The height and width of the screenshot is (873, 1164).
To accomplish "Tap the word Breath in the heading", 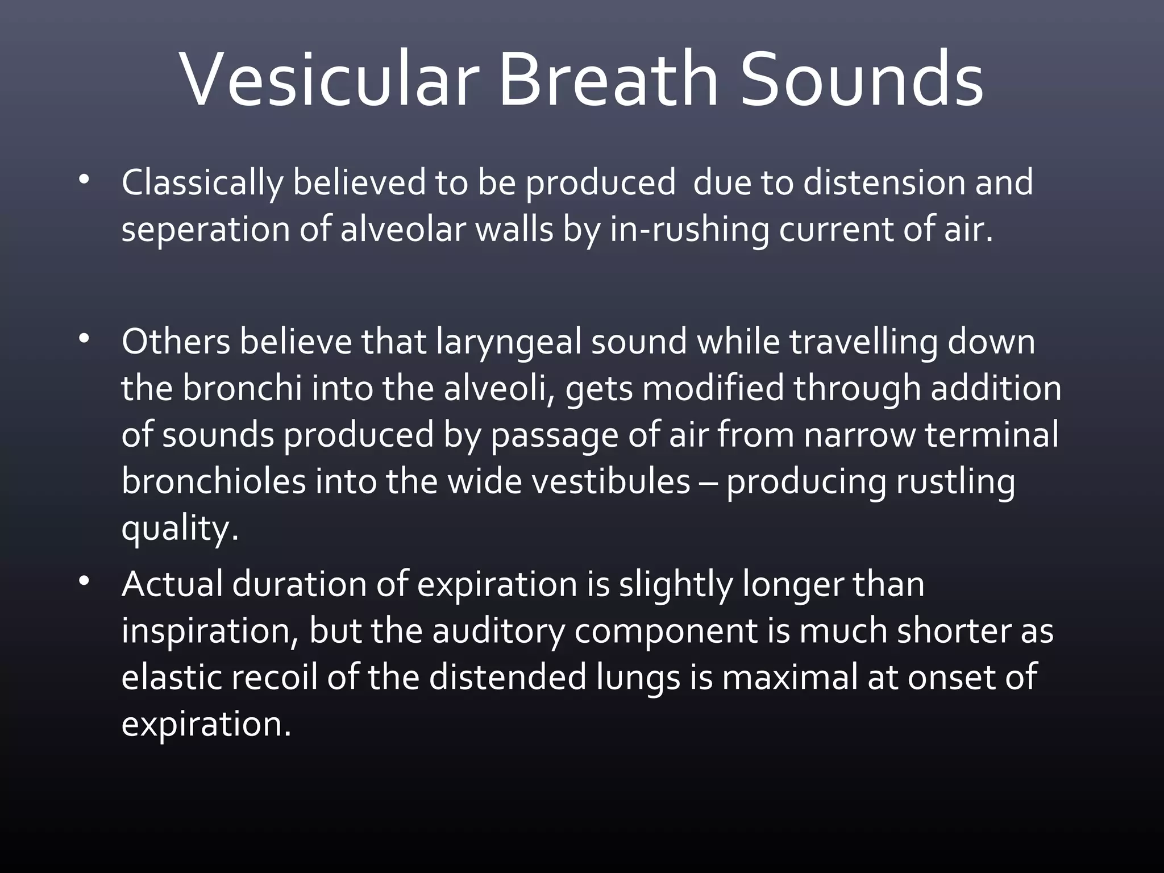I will pos(608,80).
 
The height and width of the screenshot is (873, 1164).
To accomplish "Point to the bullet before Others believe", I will pos(84,340).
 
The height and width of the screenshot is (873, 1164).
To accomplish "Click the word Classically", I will pos(202,184).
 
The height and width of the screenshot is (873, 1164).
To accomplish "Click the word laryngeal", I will pos(509,343).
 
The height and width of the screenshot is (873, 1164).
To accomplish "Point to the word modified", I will pos(713,389).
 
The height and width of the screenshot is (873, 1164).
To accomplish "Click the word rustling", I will pos(955,483).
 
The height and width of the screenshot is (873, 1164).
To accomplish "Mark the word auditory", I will pos(498,631).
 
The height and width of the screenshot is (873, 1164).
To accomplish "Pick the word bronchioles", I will pos(213,481).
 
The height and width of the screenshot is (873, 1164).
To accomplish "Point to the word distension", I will pos(883,183).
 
